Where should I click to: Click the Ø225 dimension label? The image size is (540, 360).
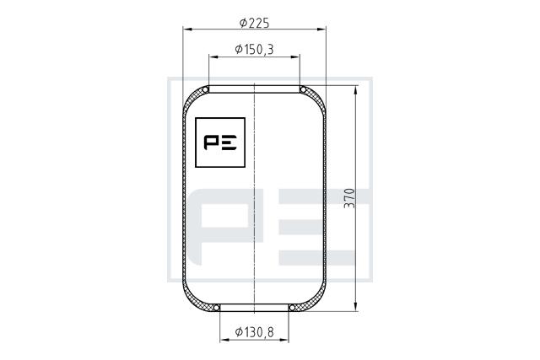254,23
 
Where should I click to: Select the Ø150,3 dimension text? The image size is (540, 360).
255,50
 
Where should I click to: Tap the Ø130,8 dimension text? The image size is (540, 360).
255,332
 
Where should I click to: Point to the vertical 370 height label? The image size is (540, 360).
349,198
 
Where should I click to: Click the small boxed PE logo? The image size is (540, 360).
220,142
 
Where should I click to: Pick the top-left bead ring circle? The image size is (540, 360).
206,90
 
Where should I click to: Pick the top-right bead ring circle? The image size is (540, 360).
303,90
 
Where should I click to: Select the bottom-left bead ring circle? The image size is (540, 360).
216,308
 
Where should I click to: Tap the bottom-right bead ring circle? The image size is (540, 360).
292,308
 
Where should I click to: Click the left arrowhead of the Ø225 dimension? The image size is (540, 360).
187,30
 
